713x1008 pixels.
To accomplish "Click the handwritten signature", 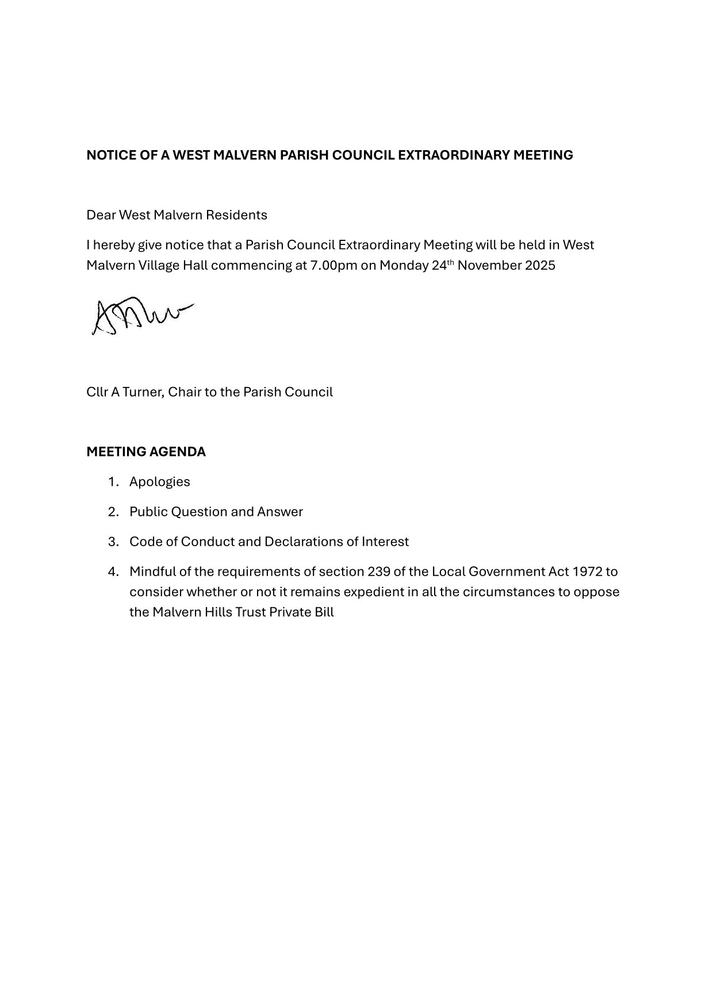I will (141, 316).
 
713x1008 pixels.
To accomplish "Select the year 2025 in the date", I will (540, 266).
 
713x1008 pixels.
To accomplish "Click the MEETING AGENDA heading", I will (146, 452).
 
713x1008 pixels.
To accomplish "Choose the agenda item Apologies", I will (160, 482).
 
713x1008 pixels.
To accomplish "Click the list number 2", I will (113, 512).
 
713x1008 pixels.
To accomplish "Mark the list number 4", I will (113, 572).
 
